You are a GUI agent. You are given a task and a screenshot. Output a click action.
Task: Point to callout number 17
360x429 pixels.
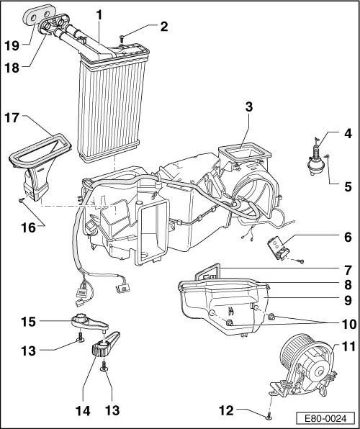13,116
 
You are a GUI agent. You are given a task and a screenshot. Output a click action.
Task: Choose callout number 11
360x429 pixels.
348,347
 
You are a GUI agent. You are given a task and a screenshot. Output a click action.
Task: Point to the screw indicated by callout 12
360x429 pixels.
269,415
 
